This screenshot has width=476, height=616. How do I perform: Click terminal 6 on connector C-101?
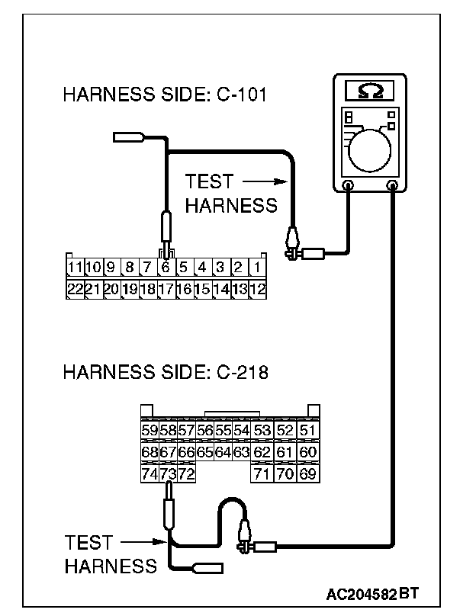166,268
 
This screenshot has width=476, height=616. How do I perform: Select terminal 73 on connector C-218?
168,474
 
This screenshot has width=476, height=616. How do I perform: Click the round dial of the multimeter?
371,147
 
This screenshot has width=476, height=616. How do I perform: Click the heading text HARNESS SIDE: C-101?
169,95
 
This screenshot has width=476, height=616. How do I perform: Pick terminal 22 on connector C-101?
74,289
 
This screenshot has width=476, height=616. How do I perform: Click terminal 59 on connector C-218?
150,432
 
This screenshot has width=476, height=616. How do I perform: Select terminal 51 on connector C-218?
307,432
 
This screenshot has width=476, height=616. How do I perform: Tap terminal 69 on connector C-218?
307,474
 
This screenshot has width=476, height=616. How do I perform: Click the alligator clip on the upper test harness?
291,244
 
